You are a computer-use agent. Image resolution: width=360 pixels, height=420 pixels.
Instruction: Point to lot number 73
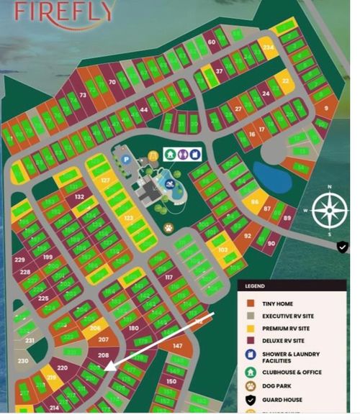tap(83, 95)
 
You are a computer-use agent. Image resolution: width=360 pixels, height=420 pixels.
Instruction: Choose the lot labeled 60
tap(212, 42)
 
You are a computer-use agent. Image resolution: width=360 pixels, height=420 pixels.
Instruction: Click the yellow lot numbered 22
tap(285, 81)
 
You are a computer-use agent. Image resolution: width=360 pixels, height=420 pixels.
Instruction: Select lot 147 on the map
tap(177, 346)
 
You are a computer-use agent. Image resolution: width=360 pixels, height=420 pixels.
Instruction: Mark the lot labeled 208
tap(103, 355)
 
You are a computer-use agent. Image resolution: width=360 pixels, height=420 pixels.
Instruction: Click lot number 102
tap(222, 250)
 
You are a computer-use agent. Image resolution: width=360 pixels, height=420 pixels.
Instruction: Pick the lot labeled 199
tap(48, 257)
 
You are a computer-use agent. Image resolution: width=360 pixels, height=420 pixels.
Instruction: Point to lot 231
tap(30, 340)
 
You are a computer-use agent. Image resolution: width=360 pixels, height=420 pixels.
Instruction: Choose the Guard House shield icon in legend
tap(250, 400)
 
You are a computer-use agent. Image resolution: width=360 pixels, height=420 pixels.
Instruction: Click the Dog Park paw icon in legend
tap(250, 386)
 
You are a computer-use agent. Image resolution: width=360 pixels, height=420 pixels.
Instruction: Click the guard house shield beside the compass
tap(343, 247)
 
